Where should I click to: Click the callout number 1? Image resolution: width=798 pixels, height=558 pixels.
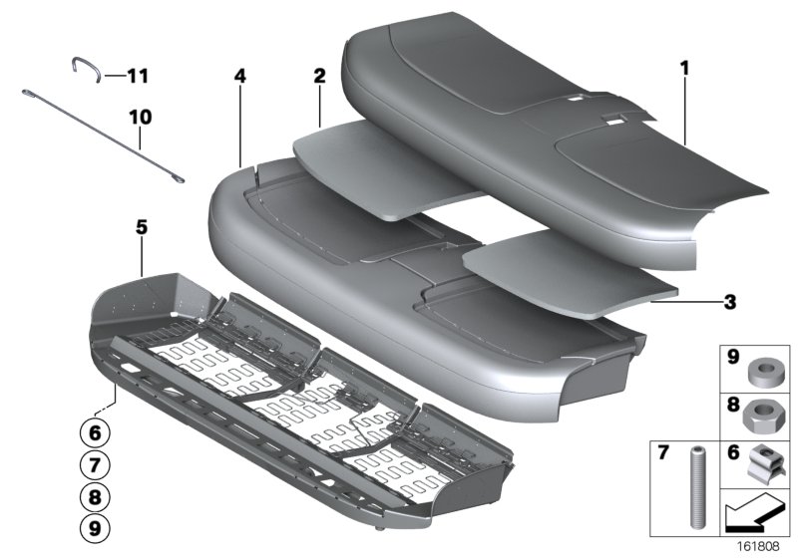(684, 68)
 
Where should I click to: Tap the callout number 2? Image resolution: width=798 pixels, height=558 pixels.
(319, 76)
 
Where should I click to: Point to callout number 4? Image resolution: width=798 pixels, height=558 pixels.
(240, 76)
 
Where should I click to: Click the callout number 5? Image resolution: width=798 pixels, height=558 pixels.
(142, 227)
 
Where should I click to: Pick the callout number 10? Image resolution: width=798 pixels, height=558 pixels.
(140, 117)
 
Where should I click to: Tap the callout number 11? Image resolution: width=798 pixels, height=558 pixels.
(137, 76)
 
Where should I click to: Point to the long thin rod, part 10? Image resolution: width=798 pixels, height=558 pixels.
(100, 135)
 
